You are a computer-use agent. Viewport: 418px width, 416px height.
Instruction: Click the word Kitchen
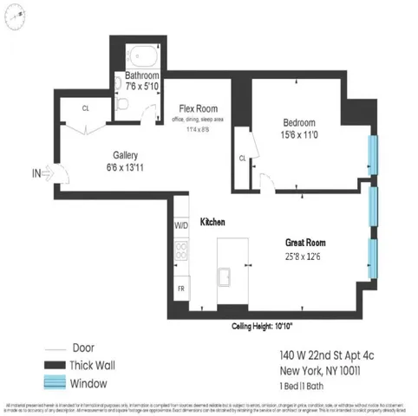click(x=213, y=223)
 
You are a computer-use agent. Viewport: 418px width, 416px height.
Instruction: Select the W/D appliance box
click(x=181, y=225)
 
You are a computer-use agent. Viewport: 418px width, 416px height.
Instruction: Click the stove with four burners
click(x=181, y=252)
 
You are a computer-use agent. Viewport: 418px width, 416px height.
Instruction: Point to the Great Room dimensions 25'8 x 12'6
click(x=310, y=257)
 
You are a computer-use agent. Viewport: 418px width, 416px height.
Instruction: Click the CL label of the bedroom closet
click(x=242, y=159)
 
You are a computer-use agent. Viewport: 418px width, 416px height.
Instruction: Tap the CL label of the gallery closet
click(x=86, y=109)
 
